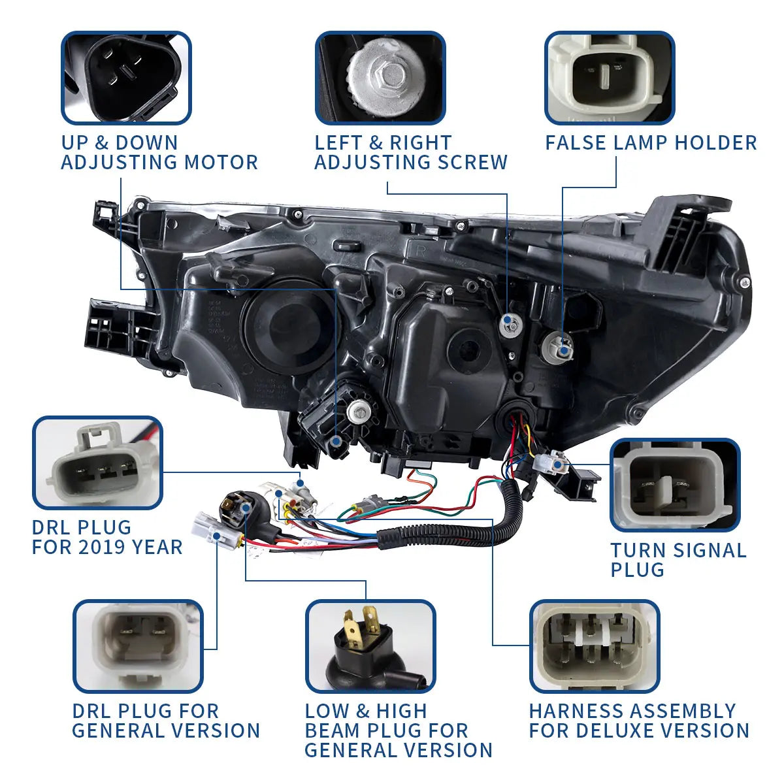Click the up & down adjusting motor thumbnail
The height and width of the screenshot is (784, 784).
(126, 77)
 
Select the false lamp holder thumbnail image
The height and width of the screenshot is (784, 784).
(610, 77)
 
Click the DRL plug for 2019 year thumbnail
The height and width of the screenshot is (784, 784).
(98, 463)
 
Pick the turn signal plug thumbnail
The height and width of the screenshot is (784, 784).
(675, 485)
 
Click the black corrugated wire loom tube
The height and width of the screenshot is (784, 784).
(457, 529)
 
